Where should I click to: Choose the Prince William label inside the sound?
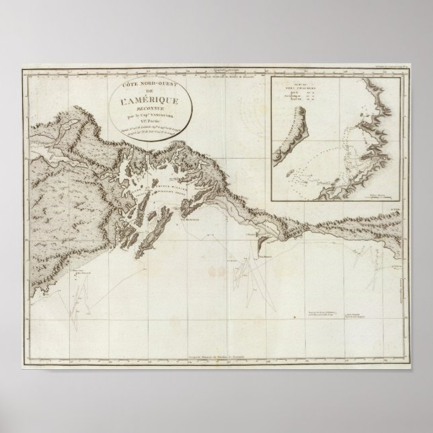coord(175,176)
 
